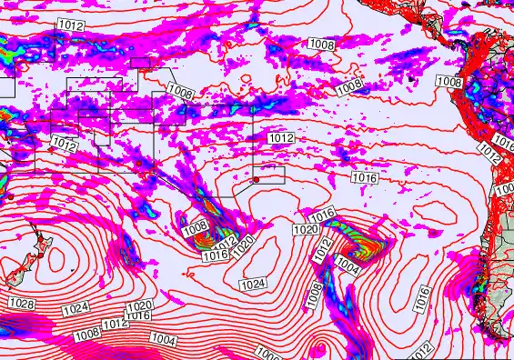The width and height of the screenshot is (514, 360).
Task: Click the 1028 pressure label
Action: [23, 304]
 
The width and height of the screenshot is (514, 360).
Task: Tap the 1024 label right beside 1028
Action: [76, 309]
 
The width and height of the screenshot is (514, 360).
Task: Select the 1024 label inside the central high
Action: [253, 285]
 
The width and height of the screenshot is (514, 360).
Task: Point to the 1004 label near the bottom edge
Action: [162, 339]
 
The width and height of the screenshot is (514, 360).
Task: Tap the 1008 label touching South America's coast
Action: [448, 82]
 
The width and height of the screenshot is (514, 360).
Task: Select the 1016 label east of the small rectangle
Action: [365, 178]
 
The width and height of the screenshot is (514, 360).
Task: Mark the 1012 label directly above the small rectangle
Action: [281, 137]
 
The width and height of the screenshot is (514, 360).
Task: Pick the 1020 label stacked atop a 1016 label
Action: [137, 306]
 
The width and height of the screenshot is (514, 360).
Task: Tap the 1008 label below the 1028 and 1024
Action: [87, 335]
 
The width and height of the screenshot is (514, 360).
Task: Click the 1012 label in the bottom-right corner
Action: [420, 350]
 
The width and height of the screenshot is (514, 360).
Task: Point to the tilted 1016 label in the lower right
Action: [422, 295]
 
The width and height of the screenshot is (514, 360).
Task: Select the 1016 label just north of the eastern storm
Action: [324, 215]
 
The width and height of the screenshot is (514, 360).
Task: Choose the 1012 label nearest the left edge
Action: [64, 144]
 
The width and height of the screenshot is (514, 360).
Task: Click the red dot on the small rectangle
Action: [257, 180]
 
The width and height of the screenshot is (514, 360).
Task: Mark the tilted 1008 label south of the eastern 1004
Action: [314, 293]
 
